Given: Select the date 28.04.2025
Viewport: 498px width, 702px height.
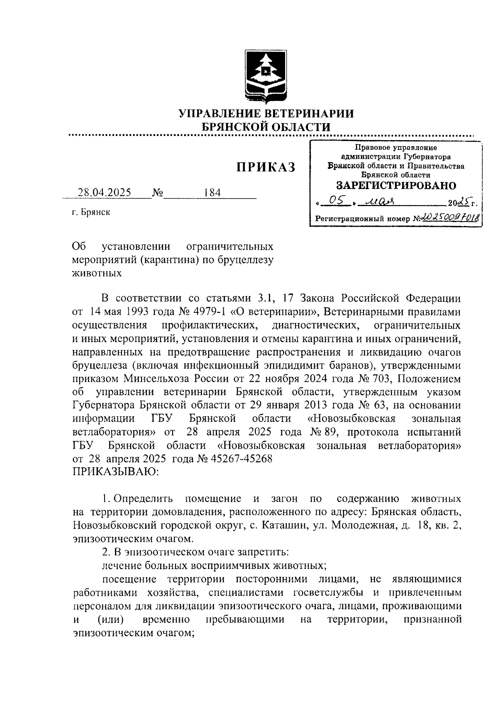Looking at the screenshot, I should click(x=105, y=193).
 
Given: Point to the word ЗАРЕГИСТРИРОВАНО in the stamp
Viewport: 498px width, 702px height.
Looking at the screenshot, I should click(x=395, y=185).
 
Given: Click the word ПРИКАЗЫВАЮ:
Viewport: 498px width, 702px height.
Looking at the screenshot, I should click(x=115, y=471).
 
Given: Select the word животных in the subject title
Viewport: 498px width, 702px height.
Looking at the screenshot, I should click(x=97, y=273).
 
